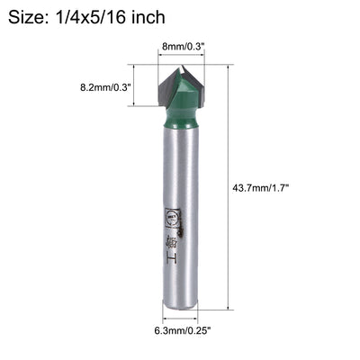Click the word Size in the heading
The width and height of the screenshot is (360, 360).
(x=29, y=17)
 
